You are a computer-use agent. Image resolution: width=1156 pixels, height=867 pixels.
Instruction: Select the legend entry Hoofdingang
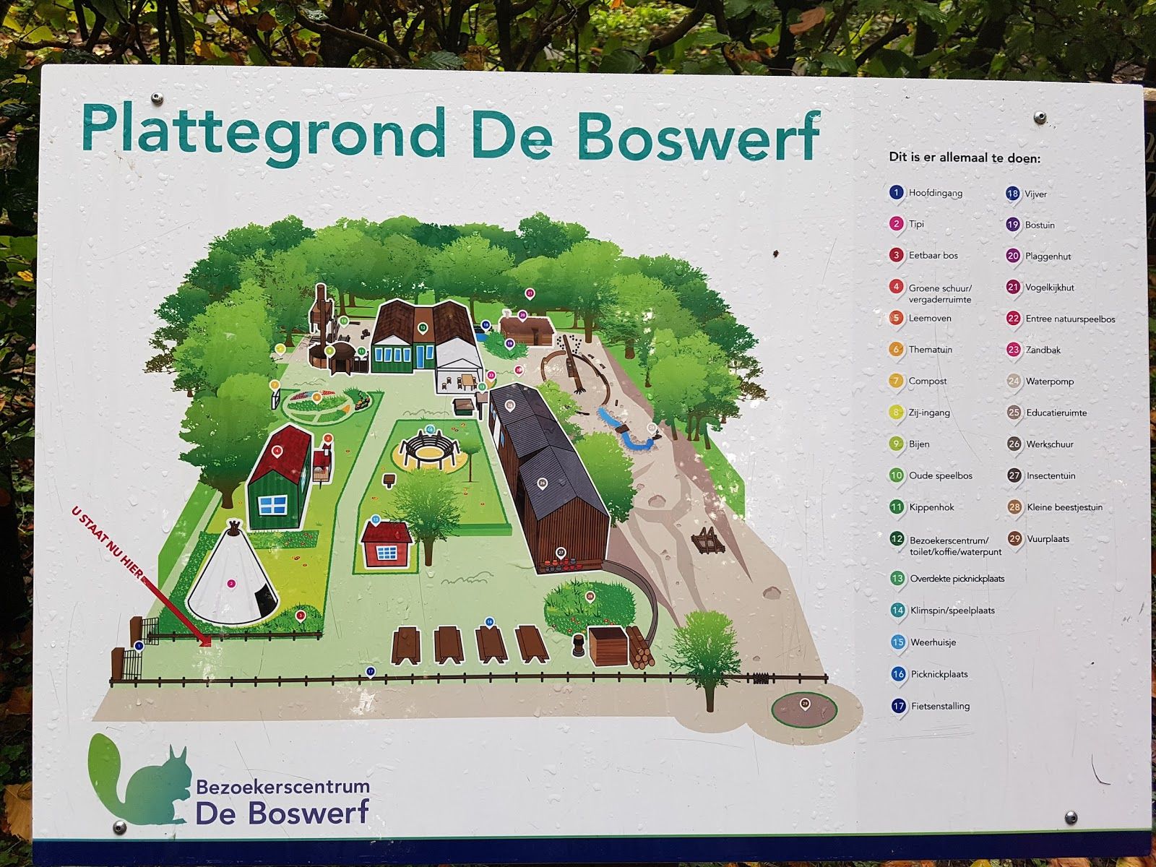coord(935,193)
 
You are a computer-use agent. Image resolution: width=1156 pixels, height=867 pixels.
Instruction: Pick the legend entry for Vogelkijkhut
coord(1049,288)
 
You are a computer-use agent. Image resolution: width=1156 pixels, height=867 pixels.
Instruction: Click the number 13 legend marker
coord(897,578)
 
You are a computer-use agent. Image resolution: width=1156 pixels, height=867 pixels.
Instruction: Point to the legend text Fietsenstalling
coord(940,706)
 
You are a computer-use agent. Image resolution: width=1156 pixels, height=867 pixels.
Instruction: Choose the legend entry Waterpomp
coord(1049,381)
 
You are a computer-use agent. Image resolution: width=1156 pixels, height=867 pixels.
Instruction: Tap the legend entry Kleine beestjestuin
coord(1064,507)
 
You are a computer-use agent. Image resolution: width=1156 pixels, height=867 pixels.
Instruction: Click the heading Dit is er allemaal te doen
coord(965,157)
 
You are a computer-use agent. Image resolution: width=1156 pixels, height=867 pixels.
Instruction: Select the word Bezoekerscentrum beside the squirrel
coord(282,786)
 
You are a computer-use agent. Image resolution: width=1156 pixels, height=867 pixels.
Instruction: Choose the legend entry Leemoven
coord(929,319)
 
